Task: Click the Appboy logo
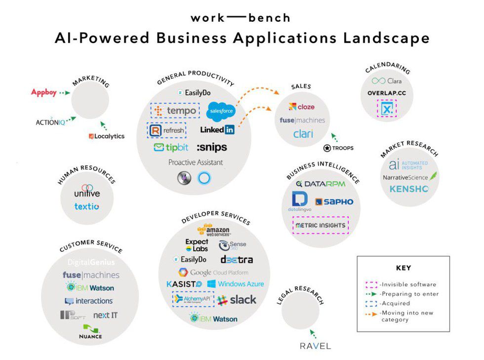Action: pyautogui.click(x=44, y=92)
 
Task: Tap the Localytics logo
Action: pyautogui.click(x=107, y=136)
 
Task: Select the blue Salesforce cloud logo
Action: pyautogui.click(x=220, y=111)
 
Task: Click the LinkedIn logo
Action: pyautogui.click(x=217, y=130)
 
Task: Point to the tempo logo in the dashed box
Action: pyautogui.click(x=175, y=111)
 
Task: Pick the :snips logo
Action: pyautogui.click(x=212, y=147)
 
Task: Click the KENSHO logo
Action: pyautogui.click(x=409, y=189)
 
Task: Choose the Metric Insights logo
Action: pyautogui.click(x=321, y=225)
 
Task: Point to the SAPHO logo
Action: pyautogui.click(x=334, y=201)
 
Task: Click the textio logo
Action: pyautogui.click(x=86, y=206)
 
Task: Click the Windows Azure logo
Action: pyautogui.click(x=235, y=284)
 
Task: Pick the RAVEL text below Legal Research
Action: pyautogui.click(x=315, y=346)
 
